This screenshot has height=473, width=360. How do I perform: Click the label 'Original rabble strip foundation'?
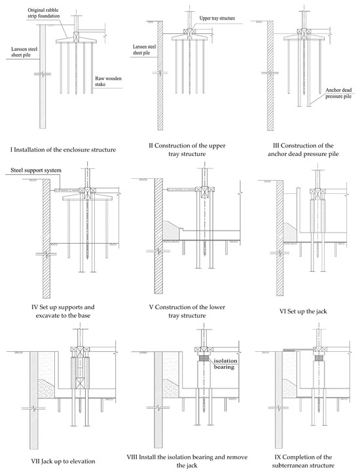pyautogui.click(x=44, y=12)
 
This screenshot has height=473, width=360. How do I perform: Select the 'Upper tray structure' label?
pyautogui.click(x=217, y=18)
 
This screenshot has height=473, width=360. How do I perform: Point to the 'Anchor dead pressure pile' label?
pyautogui.click(x=338, y=93)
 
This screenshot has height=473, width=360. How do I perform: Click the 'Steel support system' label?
pyautogui.click(x=36, y=170)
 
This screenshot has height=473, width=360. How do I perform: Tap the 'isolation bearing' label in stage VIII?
pyautogui.click(x=225, y=364)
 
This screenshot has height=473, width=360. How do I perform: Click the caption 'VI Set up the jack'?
pyautogui.click(x=303, y=311)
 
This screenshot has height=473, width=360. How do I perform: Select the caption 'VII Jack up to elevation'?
pyautogui.click(x=63, y=461)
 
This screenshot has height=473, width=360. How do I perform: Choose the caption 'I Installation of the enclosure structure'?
pyautogui.click(x=63, y=149)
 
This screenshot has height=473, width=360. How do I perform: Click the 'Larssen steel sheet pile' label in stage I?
pyautogui.click(x=24, y=52)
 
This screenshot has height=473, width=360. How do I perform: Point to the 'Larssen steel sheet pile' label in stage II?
pyautogui.click(x=145, y=50)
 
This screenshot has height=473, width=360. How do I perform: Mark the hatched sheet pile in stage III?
pyautogui.click(x=270, y=76)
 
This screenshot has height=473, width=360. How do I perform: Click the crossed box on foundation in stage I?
pyautogui.click(x=76, y=37)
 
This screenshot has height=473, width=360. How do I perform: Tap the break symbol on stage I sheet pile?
pyautogui.click(x=43, y=74)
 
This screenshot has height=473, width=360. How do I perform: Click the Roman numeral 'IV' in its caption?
pyautogui.click(x=35, y=307)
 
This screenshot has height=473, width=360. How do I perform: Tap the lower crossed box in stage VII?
pyautogui.click(x=80, y=383)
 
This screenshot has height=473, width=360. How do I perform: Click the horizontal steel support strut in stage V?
pyautogui.click(x=181, y=190)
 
